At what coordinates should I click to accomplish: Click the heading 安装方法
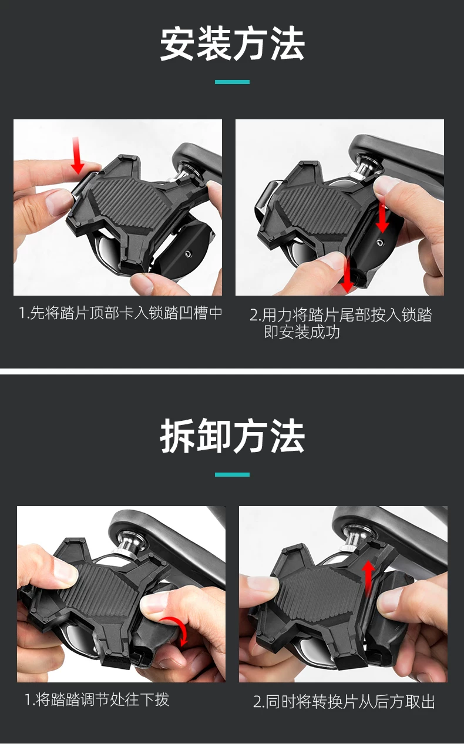point(232,44)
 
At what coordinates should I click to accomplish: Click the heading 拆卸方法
point(232,436)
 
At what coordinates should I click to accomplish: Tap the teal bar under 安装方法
point(232,82)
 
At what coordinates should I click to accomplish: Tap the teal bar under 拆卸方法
point(232,474)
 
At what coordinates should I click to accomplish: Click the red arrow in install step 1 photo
point(78,155)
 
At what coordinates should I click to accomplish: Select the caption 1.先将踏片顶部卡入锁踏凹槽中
point(121,313)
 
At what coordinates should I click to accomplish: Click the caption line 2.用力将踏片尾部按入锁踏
point(341,315)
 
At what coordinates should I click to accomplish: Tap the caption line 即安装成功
point(302,332)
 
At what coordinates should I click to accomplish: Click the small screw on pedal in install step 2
point(379,242)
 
